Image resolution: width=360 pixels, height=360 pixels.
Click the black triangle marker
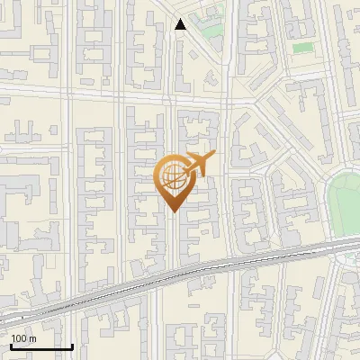(x=181, y=25)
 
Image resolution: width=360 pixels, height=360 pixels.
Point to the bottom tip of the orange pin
(x=172, y=211)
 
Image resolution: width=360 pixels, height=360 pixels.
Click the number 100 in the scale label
(x=19, y=338)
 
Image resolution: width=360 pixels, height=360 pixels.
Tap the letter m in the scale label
(x=32, y=338)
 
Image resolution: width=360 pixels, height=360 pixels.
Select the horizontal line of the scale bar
(x=41, y=346)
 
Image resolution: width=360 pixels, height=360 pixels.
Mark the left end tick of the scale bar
(x=11, y=345)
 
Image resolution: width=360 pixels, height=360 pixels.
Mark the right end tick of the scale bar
(x=72, y=345)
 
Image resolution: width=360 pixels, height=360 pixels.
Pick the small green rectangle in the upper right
(x=302, y=47)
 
